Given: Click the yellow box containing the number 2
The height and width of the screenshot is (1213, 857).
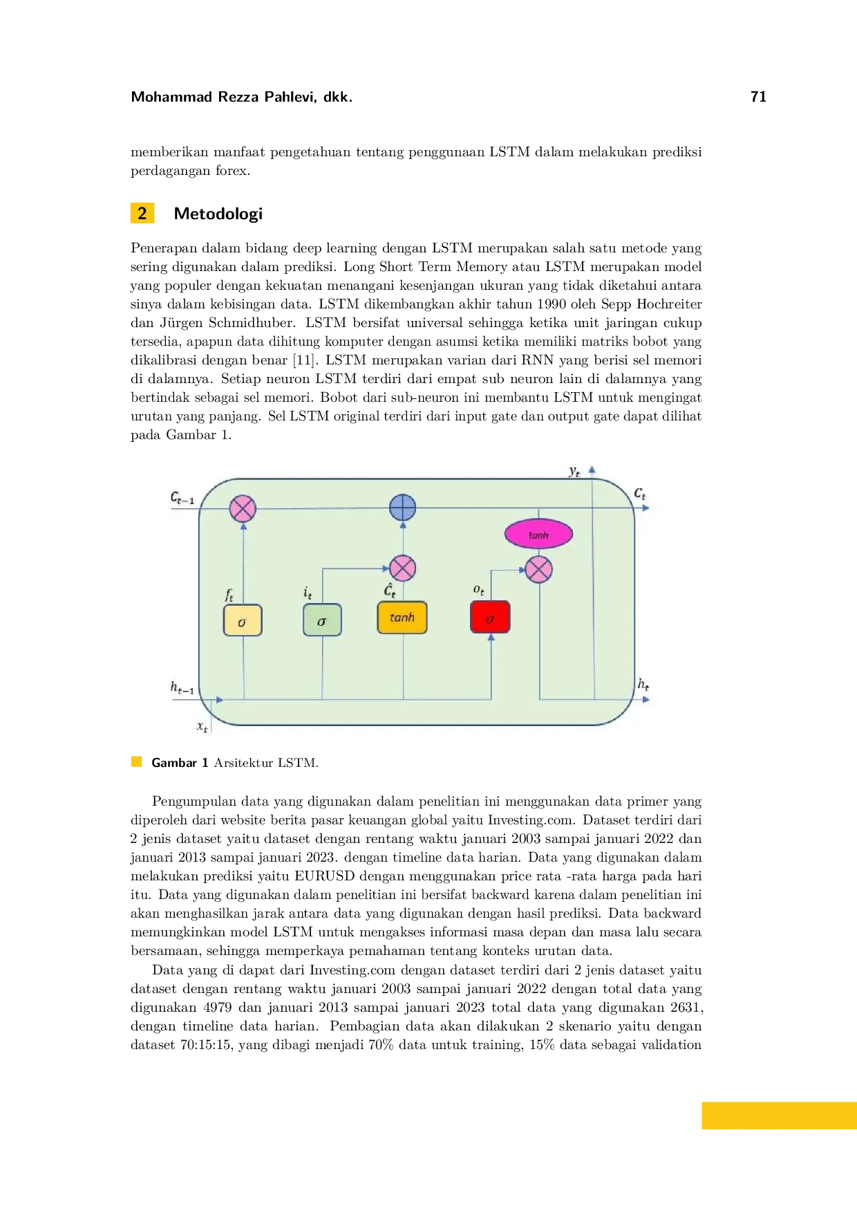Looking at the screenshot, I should (x=142, y=213).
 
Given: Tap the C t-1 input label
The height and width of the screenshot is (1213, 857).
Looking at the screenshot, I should (x=182, y=498).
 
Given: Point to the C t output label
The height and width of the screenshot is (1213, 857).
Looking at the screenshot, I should (x=640, y=494).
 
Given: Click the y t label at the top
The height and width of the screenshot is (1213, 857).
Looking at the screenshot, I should (x=574, y=472).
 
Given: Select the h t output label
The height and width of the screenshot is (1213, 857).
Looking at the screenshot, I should (x=643, y=685).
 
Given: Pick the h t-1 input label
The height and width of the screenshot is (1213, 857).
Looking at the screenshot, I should (x=182, y=687).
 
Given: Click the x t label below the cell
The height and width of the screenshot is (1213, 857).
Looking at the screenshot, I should (x=202, y=726).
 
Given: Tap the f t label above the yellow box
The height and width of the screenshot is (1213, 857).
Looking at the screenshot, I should (x=229, y=595).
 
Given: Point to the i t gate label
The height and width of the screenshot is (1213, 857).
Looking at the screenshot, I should (x=308, y=593).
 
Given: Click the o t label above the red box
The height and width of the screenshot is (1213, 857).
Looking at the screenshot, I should (x=478, y=590).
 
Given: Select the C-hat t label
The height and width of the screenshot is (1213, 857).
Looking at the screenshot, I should (x=390, y=590).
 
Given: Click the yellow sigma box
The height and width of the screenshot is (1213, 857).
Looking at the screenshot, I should (x=243, y=621).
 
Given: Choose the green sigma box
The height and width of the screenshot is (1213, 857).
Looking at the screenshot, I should (x=322, y=620).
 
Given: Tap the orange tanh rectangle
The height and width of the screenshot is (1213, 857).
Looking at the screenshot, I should (x=402, y=618).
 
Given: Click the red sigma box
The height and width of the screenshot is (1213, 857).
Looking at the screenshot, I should (x=490, y=618).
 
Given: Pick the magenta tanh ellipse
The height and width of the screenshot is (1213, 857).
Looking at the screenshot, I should (x=538, y=535).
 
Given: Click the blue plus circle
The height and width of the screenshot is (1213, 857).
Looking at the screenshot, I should (x=403, y=508).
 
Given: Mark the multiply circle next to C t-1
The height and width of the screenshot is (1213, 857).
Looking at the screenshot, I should (x=243, y=509).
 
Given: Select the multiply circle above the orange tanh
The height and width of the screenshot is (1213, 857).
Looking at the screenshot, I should (x=403, y=568).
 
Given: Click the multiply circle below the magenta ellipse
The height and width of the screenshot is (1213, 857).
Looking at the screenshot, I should (x=539, y=570).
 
